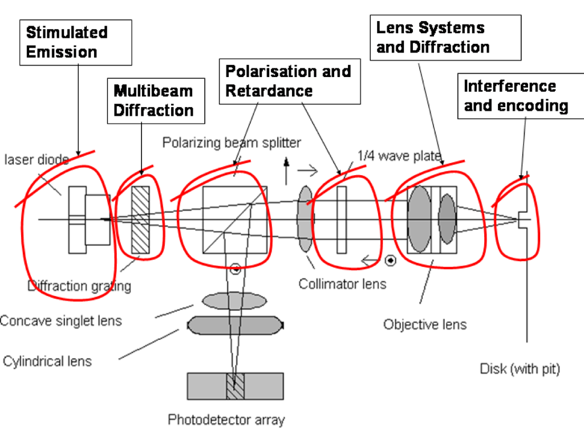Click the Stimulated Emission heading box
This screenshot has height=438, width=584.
[76, 42]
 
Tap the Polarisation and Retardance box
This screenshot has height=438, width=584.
[290, 81]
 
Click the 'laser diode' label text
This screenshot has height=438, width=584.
[35, 160]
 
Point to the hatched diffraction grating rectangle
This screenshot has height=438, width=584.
[140, 220]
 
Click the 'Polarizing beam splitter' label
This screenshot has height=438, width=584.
[232, 142]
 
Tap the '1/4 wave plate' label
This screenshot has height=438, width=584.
[399, 155]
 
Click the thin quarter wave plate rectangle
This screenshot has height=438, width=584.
[342, 219]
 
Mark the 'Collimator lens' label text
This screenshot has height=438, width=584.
[342, 283]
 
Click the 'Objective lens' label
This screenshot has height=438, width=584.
[425, 325]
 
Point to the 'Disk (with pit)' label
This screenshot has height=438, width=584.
[520, 369]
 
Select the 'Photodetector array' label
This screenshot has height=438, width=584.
[226, 420]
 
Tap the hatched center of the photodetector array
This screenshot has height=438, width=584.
[235, 386]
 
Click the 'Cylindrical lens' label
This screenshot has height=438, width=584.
[47, 361]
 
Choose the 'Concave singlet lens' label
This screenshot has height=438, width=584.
[61, 321]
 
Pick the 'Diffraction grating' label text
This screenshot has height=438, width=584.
[79, 286]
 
